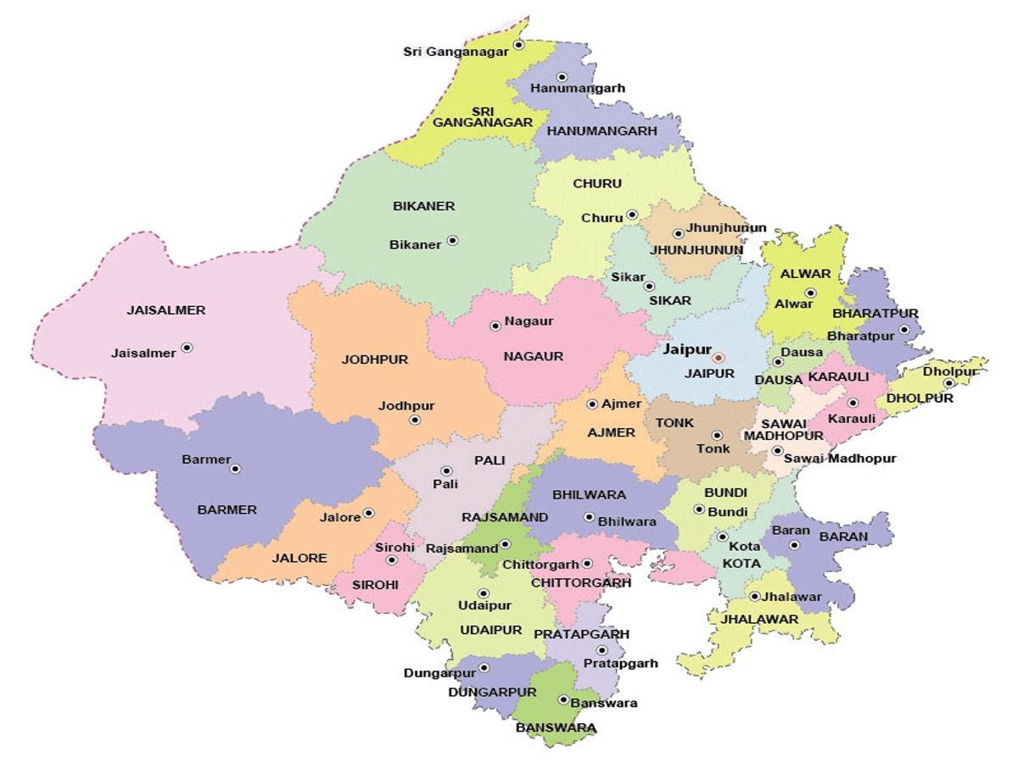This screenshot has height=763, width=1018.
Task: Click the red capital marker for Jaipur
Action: pyautogui.click(x=719, y=358)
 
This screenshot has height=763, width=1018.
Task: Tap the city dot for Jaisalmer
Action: pyautogui.click(x=187, y=347)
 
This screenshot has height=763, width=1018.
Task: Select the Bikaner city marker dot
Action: pyautogui.click(x=452, y=240)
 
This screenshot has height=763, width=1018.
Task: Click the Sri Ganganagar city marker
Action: pyautogui.click(x=519, y=44)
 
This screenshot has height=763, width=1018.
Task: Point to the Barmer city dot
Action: pyautogui.click(x=236, y=468)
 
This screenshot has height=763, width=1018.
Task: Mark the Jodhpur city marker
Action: pyautogui.click(x=415, y=420)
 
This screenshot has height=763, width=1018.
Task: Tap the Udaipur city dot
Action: pyautogui.click(x=484, y=593)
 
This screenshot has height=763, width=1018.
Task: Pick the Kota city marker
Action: pyautogui.click(x=722, y=537)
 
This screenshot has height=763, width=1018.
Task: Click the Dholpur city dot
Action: pyautogui.click(x=948, y=382)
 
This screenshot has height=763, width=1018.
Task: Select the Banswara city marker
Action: pyautogui.click(x=563, y=699)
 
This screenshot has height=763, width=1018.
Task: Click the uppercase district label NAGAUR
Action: pyautogui.click(x=533, y=356)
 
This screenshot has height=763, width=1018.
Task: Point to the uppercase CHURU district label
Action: pyautogui.click(x=597, y=183)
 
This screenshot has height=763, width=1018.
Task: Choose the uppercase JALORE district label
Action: pyautogui.click(x=299, y=558)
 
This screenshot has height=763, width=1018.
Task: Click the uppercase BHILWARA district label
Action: pyautogui.click(x=589, y=494)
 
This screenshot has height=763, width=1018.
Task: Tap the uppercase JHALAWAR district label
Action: pyautogui.click(x=759, y=619)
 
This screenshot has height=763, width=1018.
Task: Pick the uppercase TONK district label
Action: pyautogui.click(x=674, y=422)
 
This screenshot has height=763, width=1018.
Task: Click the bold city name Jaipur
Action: pyautogui.click(x=686, y=348)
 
